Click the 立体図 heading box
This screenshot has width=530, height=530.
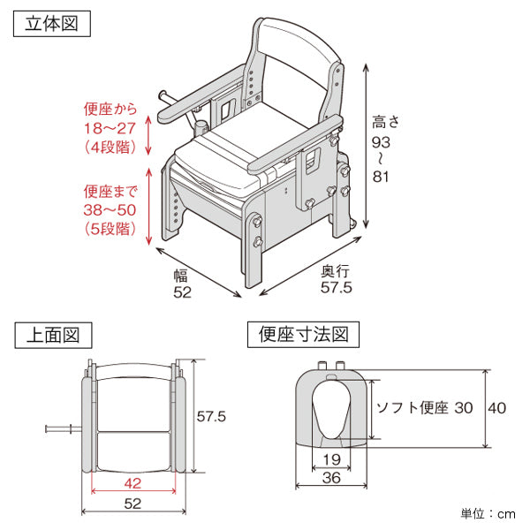[52, 24]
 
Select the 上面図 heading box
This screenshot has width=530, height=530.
[53, 336]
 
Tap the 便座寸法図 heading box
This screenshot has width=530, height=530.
[303, 335]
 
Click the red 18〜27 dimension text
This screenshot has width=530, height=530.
[110, 128]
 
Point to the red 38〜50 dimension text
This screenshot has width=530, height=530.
[110, 210]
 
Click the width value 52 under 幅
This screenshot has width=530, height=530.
[182, 292]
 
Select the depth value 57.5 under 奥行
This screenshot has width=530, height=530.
[337, 288]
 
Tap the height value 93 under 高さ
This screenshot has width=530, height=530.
[381, 142]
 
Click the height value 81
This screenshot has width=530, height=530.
[381, 177]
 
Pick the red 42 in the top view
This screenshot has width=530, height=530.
[132, 483]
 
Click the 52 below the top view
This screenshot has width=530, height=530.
[132, 504]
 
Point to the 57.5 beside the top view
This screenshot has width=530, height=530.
[211, 416]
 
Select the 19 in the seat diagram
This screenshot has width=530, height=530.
[331, 459]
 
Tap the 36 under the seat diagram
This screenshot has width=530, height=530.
[331, 478]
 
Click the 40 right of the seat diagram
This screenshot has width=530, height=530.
[496, 408]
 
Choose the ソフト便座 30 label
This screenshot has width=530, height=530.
[425, 408]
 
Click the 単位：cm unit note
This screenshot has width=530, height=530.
[488, 514]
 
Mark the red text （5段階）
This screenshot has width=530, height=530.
[110, 229]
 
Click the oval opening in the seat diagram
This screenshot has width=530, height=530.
[331, 410]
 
